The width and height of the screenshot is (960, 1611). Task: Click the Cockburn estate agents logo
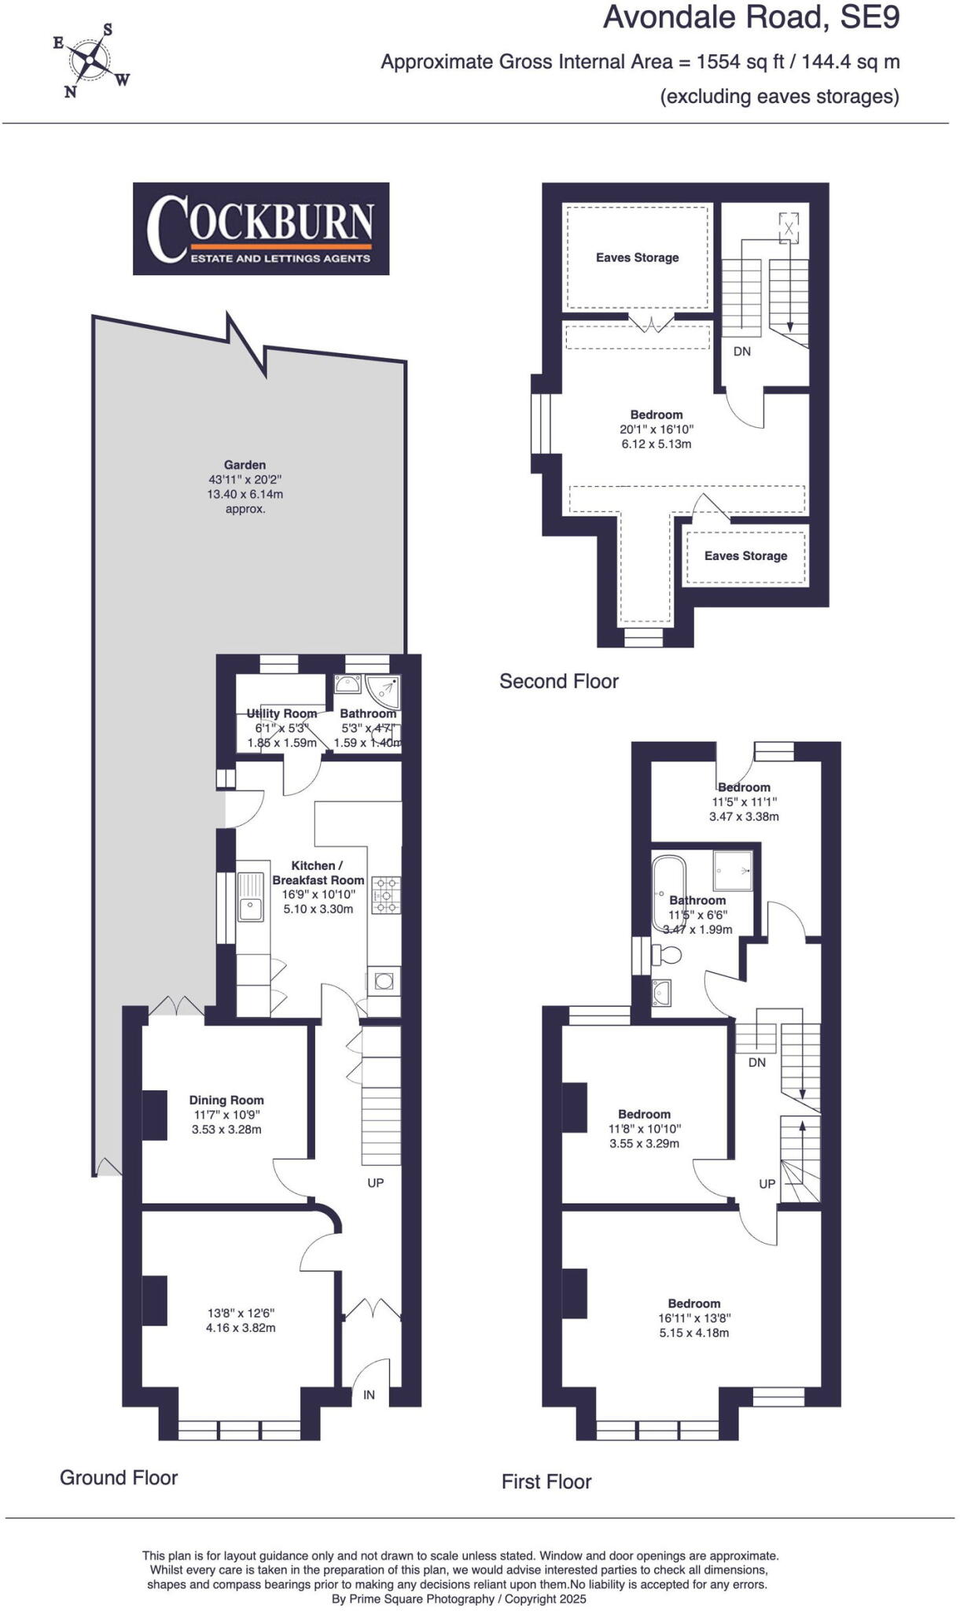pyautogui.click(x=260, y=228)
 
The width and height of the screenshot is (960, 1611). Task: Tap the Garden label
pyautogui.click(x=245, y=465)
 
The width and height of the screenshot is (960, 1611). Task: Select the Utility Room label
pyautogui.click(x=281, y=713)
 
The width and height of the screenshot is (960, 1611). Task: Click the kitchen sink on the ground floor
pyautogui.click(x=252, y=897)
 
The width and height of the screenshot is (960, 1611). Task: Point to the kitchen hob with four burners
pyautogui.click(x=386, y=894)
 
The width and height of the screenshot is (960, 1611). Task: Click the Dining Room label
pyautogui.click(x=226, y=1100)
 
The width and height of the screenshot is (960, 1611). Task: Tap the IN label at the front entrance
pyautogui.click(x=369, y=1395)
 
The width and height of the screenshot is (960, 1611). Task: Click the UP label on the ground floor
pyautogui.click(x=376, y=1182)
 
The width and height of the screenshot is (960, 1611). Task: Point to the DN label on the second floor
pyautogui.click(x=741, y=352)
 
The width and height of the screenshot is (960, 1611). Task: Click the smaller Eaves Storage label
pyautogui.click(x=745, y=555)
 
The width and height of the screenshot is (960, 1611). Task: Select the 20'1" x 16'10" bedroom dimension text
pyautogui.click(x=657, y=429)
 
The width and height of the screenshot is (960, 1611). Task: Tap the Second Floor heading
pyautogui.click(x=559, y=681)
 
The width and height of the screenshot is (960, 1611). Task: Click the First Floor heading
pyautogui.click(x=546, y=1482)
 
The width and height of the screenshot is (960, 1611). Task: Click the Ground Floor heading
pyautogui.click(x=119, y=1477)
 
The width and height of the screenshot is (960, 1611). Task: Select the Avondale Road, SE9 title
pyautogui.click(x=751, y=17)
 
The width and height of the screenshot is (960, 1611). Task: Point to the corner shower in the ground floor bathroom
pyautogui.click(x=387, y=688)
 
